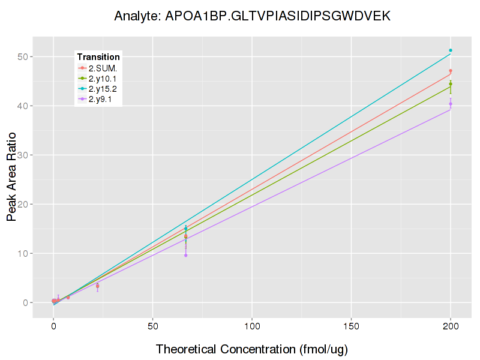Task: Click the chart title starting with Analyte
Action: pyautogui.click(x=252, y=16)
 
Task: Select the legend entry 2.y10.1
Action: pyautogui.click(x=103, y=79)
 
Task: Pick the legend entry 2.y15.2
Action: pyautogui.click(x=103, y=89)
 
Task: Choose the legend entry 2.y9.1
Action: pyautogui.click(x=100, y=100)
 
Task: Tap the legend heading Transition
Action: pyautogui.click(x=98, y=57)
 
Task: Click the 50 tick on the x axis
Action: pyautogui.click(x=153, y=326)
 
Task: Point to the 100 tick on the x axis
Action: pyautogui.click(x=252, y=326)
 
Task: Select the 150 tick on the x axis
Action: pyautogui.click(x=351, y=326)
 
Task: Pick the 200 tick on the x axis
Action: pyautogui.click(x=451, y=326)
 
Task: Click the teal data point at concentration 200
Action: pyautogui.click(x=451, y=50)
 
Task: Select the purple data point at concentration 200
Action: pyautogui.click(x=451, y=104)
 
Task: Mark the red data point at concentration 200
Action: pyautogui.click(x=451, y=71)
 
